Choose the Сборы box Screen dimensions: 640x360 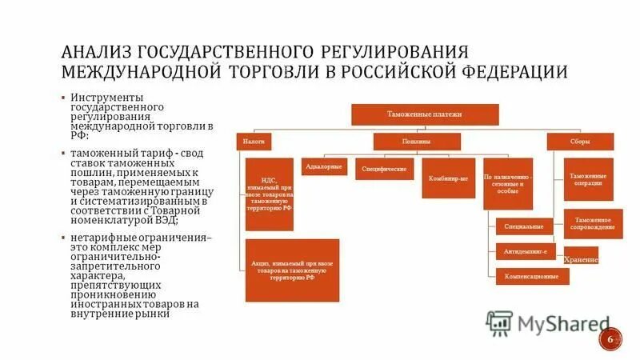tap(580, 142)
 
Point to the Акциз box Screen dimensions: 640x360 tap(292, 270)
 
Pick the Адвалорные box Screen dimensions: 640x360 tap(324, 167)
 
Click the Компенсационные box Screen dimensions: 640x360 tap(532, 276)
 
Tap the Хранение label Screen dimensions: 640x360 tap(581, 260)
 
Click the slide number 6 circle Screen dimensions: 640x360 tap(610, 338)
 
